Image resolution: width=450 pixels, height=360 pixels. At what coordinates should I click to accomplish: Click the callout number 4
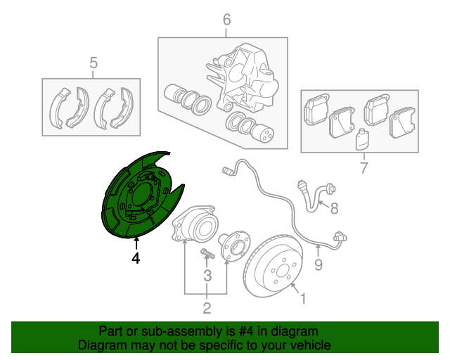(x=136, y=258)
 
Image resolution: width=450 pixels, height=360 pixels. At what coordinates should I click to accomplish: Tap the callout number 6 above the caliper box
(x=226, y=20)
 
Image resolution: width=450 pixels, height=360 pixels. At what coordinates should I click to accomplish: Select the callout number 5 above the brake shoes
(x=94, y=63)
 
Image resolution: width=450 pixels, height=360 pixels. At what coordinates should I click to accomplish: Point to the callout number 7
(x=364, y=167)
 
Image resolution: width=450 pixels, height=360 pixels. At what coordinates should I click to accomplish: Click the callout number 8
(x=334, y=208)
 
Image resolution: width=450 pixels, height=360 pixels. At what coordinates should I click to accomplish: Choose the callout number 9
(x=319, y=264)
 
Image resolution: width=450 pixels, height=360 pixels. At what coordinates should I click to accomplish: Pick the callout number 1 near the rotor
(x=303, y=299)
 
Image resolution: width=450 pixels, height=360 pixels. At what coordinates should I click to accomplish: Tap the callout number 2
(x=207, y=308)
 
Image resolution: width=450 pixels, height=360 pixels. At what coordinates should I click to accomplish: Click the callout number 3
(x=207, y=276)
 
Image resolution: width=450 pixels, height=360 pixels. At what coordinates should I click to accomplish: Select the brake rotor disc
(x=273, y=266)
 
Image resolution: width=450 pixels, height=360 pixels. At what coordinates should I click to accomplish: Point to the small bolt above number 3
(x=208, y=253)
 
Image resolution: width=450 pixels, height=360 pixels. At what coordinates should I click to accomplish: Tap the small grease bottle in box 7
(x=362, y=139)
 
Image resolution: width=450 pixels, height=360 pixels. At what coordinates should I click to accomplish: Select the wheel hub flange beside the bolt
(x=234, y=245)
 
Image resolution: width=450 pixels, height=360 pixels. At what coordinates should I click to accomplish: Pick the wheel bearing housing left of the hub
(x=195, y=223)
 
